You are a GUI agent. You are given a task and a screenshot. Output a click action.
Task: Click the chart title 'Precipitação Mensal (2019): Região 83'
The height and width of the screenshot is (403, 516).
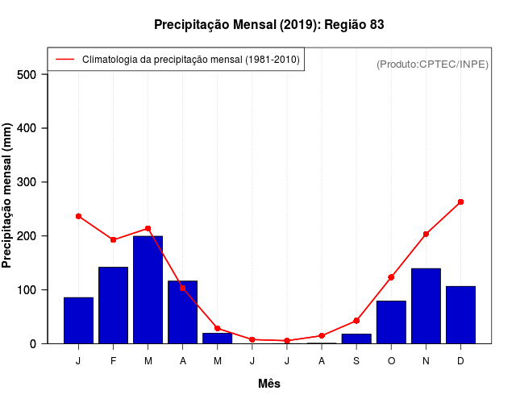tap(268, 25)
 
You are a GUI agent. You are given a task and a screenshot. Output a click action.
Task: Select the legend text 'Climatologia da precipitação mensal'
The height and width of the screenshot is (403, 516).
tap(191, 60)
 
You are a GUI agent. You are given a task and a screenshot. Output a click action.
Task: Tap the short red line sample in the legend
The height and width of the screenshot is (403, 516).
tap(65, 60)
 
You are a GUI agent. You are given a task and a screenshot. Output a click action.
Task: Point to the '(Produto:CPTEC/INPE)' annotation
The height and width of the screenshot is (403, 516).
tap(433, 64)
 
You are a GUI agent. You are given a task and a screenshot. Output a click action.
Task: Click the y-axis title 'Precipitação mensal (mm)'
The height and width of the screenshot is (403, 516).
tap(7, 196)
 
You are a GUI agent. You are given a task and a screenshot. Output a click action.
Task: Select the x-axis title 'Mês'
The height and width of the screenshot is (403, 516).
tap(269, 384)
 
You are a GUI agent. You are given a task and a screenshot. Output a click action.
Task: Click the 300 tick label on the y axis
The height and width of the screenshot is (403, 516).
tap(27, 182)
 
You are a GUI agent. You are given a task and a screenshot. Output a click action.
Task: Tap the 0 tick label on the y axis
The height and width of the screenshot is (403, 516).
tap(33, 344)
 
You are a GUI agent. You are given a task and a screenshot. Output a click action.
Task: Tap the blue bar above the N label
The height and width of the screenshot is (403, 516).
tap(426, 305)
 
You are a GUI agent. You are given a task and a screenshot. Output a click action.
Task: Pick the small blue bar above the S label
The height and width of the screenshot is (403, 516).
tap(356, 339)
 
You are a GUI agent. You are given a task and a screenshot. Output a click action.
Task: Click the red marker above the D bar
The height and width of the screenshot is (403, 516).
tap(460, 201)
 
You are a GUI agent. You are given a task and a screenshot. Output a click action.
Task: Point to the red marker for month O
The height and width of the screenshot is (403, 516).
tap(391, 277)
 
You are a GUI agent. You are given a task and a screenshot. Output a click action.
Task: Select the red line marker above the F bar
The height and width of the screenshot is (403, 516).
tap(113, 239)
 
